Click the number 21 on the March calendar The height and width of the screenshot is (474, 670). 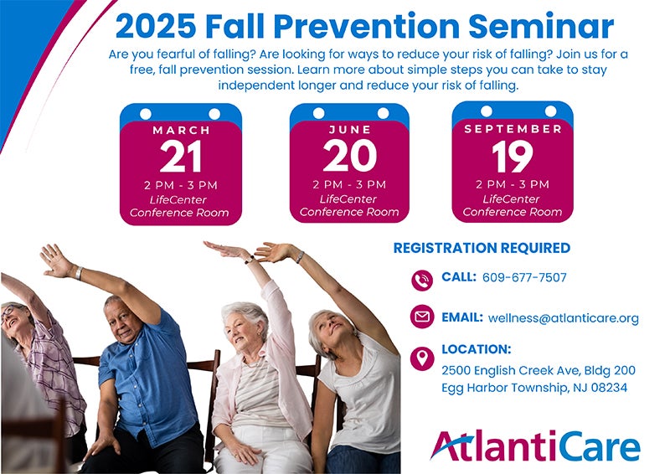click(x=181, y=157)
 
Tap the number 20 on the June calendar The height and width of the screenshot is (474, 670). click(x=349, y=156)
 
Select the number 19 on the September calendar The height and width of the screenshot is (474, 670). click(x=513, y=157)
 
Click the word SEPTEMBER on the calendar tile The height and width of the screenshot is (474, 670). click(x=513, y=129)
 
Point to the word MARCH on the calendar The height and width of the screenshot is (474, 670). click(x=181, y=130)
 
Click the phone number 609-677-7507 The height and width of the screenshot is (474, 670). click(x=524, y=277)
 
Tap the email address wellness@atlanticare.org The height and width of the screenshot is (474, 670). click(x=563, y=318)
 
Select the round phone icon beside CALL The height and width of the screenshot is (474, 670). click(x=422, y=281)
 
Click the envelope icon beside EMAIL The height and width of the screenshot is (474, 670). click(x=422, y=317)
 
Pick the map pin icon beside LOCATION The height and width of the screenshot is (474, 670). click(x=422, y=358)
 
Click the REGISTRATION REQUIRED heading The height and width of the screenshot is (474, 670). click(x=482, y=248)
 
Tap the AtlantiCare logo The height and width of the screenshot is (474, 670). click(x=535, y=446)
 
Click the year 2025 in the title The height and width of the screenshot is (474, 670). click(x=156, y=27)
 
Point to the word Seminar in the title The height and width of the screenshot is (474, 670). click(x=541, y=27)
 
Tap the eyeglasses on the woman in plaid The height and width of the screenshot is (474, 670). click(x=8, y=311)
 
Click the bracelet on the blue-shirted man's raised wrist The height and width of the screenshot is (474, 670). click(x=79, y=273)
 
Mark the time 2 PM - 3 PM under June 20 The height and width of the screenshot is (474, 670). click(x=349, y=184)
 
